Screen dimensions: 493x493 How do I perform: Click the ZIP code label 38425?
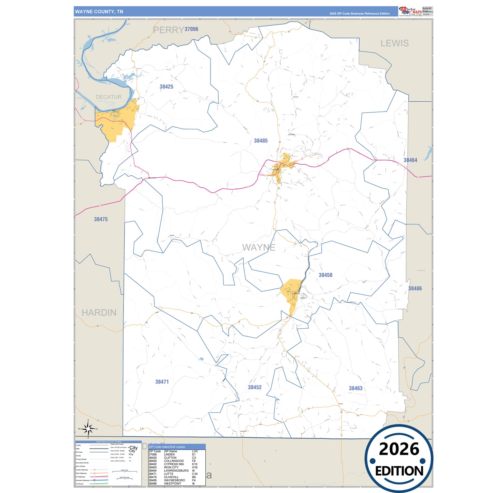pos(166,87)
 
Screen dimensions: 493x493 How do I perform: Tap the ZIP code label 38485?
pos(261,141)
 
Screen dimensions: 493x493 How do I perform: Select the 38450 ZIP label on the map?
pos(325,275)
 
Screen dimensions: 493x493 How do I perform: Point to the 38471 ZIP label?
pos(162,382)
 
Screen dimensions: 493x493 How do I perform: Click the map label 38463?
pos(356,388)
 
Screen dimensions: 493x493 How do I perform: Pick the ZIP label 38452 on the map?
pos(255,387)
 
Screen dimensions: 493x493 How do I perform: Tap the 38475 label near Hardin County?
pos(101,219)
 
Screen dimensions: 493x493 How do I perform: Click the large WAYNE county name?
pos(259,247)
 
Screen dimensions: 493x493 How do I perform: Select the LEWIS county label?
pos(394,43)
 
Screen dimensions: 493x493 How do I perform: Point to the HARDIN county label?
pos(99,313)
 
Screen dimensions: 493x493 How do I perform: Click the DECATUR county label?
pos(108,97)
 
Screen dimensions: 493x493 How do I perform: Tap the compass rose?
pos(88,429)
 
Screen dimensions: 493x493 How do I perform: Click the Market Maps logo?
pos(410,11)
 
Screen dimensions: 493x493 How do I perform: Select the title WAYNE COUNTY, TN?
pos(99,12)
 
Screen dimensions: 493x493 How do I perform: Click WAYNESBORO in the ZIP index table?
pos(174,480)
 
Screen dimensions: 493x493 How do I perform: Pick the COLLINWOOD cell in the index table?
pos(174,461)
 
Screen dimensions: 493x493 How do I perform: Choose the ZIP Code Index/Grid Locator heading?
pos(167,447)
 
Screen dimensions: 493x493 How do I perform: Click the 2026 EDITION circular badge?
pos(399,459)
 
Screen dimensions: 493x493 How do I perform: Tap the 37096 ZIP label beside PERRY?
pos(191,29)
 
